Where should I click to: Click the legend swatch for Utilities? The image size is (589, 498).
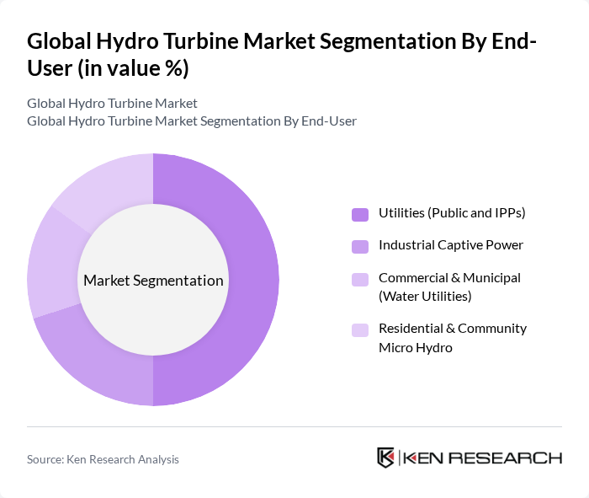click(x=360, y=214)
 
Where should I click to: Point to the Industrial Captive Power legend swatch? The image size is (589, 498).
click(x=360, y=246)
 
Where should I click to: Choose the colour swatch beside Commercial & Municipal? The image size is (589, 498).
click(x=360, y=279)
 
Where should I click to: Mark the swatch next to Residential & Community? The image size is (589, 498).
click(x=360, y=329)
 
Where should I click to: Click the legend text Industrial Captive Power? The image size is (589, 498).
click(x=451, y=245)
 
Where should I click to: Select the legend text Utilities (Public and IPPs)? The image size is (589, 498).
click(x=452, y=213)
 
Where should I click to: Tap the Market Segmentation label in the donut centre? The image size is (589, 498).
click(x=153, y=281)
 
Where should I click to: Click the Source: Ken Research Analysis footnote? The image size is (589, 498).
click(x=103, y=459)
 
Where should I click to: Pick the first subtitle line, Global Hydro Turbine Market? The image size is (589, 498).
click(x=112, y=104)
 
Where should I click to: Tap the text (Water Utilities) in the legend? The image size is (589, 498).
click(x=425, y=296)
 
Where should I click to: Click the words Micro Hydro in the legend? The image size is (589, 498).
click(x=416, y=346)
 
